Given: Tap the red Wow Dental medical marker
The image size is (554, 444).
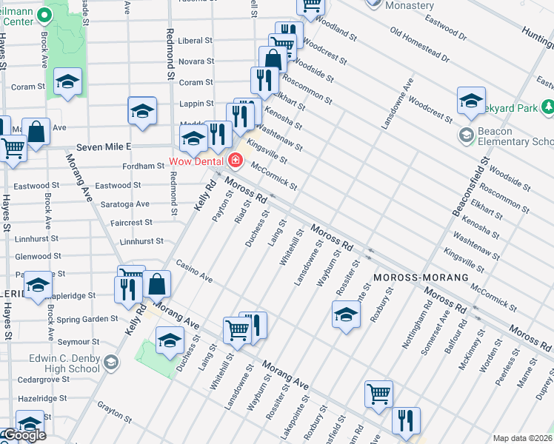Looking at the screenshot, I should (x=235, y=160).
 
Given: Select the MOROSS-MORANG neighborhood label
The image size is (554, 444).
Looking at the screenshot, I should (x=421, y=277).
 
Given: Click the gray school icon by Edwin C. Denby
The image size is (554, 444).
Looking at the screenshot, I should (x=111, y=363).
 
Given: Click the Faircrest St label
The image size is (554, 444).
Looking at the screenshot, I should (x=133, y=222).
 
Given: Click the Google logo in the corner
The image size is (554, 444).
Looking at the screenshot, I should (x=24, y=436).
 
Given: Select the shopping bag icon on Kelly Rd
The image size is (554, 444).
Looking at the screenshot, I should (x=157, y=283).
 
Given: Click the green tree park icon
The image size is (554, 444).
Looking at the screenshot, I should (x=548, y=109).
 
